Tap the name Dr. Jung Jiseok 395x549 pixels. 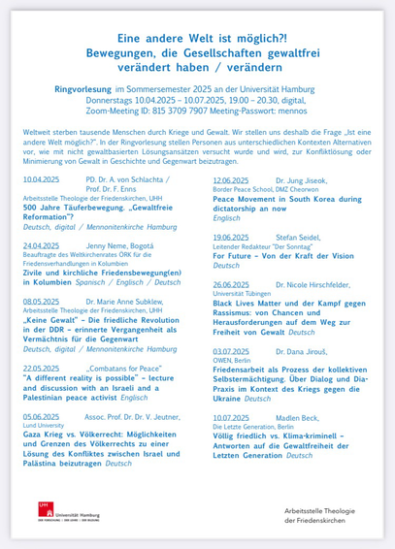point(305,179)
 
